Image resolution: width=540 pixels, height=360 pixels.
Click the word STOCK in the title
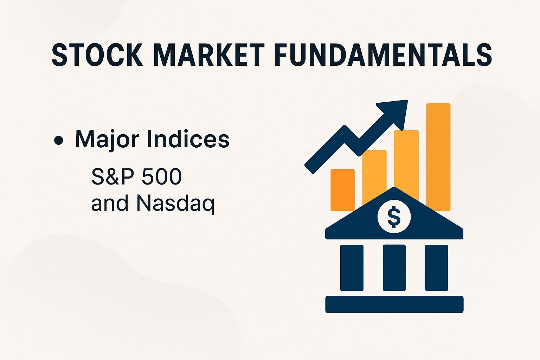tap(97, 55)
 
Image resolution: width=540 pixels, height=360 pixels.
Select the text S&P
tap(112, 176)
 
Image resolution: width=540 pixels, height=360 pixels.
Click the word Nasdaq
tap(175, 204)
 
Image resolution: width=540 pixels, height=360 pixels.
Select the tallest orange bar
tap(438, 155)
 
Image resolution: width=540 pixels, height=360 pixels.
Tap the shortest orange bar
tap(342, 190)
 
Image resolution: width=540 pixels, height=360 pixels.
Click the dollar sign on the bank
tap(394, 217)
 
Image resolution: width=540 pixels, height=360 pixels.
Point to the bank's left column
tap(352, 268)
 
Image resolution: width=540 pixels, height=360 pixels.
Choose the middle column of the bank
tap(394, 268)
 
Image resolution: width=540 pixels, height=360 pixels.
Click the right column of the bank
tap(436, 268)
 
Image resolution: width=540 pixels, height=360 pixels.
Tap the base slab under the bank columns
tap(394, 304)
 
